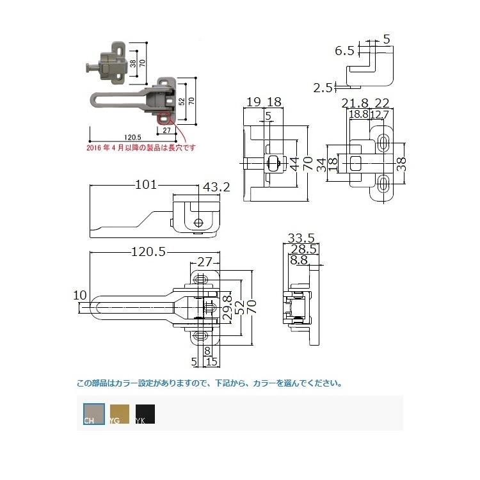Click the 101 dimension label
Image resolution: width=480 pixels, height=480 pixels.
coord(146,186)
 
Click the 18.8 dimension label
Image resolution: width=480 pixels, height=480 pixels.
coord(358,114)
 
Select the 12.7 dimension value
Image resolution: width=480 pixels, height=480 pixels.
coord(379,114)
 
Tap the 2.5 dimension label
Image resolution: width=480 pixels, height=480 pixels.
coord(323,86)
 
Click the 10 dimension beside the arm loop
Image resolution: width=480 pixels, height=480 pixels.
coord(80,295)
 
